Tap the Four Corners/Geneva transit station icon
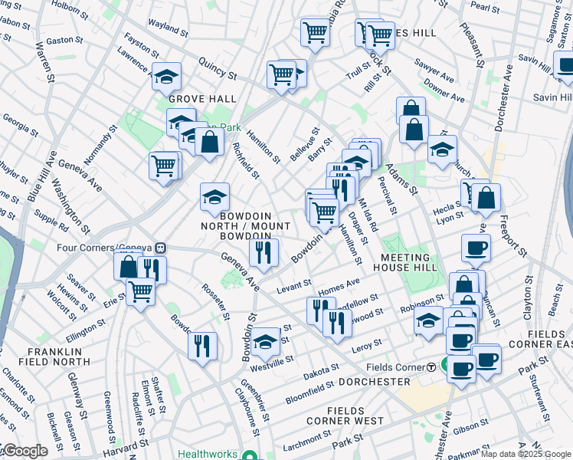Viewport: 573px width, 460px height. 161,248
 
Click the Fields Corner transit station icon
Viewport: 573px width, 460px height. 431,367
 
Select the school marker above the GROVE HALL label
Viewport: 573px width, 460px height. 166,77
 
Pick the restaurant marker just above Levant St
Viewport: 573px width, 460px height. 263,253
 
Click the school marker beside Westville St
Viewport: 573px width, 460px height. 266,342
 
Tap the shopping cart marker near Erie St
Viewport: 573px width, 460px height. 140,292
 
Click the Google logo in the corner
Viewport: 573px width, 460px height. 25,451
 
